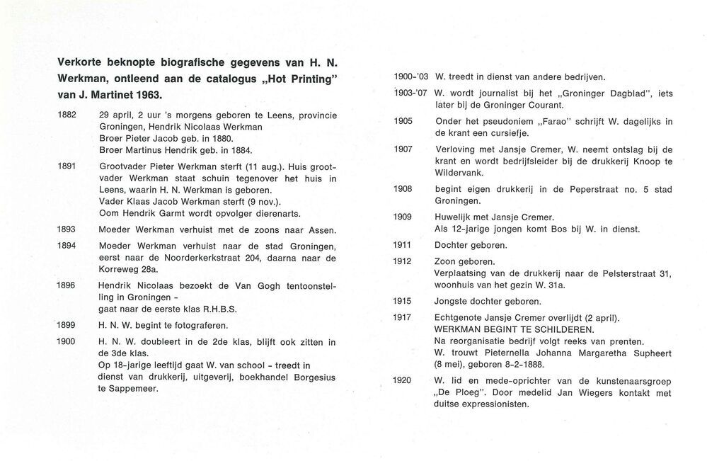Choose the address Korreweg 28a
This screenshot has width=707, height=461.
coord(129,269)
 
